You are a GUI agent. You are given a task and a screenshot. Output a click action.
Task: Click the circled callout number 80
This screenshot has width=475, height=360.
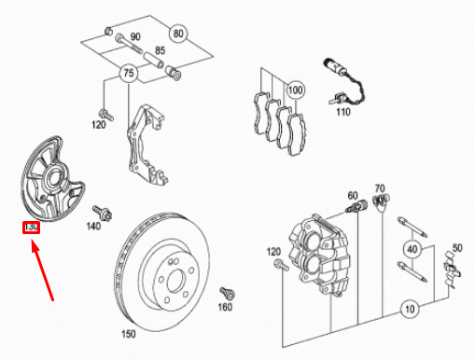point(178,34)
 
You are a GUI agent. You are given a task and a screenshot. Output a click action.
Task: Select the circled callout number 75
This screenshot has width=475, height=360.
point(129,74)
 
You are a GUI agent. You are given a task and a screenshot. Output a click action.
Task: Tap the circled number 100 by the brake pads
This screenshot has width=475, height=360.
point(295,90)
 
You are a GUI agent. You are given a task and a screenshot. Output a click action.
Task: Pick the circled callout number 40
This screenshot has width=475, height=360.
point(412,249)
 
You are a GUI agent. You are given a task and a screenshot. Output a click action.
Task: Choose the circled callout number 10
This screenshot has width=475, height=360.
point(410,309)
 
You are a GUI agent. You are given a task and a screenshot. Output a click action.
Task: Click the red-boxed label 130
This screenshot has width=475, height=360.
point(31,228)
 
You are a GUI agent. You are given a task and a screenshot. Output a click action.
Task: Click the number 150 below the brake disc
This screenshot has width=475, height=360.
point(129,334)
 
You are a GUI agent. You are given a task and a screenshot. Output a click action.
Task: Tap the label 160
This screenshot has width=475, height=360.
point(225,307)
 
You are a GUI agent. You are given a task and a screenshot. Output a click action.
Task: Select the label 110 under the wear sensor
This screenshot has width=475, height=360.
point(343,112)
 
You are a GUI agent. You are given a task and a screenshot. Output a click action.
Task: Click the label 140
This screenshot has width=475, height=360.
point(93,226)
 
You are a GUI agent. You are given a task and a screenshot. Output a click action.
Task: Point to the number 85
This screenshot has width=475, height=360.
point(161,50)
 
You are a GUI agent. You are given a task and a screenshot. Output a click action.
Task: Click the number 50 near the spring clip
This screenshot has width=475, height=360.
point(457,248)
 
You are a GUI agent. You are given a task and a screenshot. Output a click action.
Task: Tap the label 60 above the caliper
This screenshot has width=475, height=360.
point(353,196)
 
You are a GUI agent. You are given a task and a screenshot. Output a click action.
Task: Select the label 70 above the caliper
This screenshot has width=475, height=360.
point(380,188)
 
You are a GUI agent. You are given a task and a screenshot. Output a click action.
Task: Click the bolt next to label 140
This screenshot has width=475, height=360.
point(103,213)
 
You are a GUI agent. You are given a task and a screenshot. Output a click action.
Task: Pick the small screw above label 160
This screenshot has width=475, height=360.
point(228,293)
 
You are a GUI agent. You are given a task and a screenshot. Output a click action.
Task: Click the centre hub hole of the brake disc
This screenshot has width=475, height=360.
point(175,281)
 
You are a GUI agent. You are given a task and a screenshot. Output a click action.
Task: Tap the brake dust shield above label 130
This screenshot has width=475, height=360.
point(51,179)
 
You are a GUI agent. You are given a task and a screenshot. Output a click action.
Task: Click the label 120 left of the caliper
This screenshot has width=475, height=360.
point(273,252)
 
